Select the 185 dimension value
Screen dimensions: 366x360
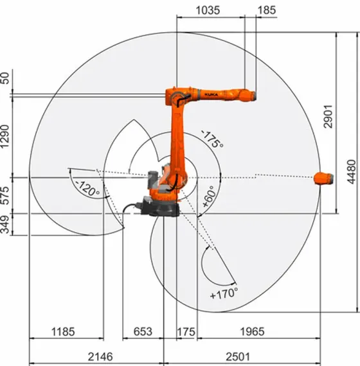265,11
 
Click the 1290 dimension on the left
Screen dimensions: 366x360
6,136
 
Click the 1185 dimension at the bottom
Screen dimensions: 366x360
63,332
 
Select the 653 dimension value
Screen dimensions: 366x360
142,332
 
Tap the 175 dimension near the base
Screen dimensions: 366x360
186,332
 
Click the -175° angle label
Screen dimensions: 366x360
212,138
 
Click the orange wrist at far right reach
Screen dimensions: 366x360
323,178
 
